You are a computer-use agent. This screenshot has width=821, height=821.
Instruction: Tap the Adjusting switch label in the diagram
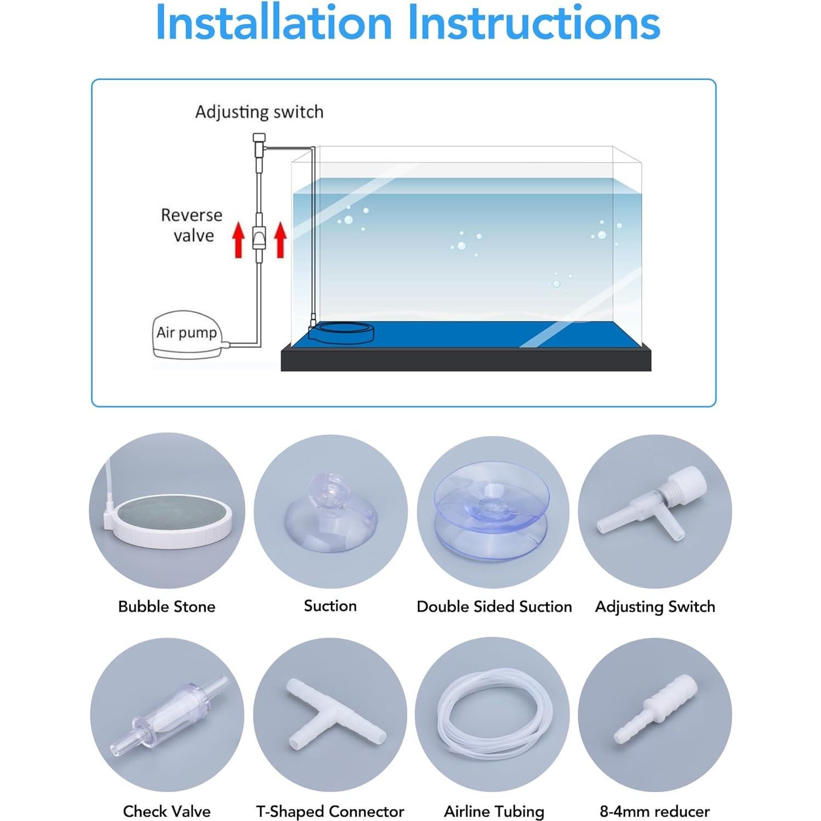259,112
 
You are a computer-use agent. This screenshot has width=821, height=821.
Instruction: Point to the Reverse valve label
192,225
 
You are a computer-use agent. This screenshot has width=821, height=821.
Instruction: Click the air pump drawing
186,335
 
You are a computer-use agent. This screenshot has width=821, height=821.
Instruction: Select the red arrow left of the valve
238,240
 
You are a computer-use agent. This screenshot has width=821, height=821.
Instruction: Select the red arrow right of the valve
280,240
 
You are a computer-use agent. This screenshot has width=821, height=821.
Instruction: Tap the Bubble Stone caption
167,607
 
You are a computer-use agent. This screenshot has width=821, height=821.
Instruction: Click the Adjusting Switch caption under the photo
655,607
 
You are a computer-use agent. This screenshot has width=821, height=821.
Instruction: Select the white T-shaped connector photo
334,714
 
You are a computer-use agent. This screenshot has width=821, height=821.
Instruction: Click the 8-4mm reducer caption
654,811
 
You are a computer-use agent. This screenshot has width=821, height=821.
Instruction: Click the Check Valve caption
167,811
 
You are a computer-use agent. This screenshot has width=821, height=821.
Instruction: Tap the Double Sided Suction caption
494,607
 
